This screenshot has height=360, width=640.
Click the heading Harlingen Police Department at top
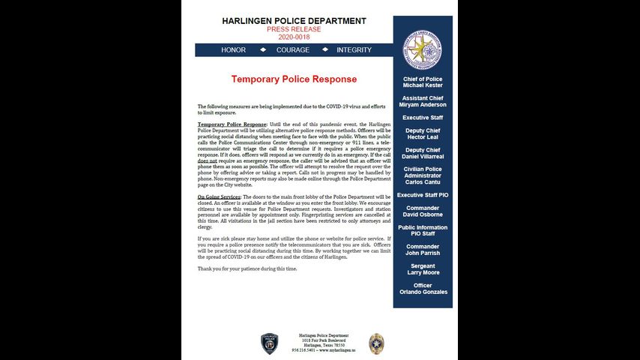click(294, 20)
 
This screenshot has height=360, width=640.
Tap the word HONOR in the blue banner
click(233, 50)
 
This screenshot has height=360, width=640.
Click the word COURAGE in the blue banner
click(292, 50)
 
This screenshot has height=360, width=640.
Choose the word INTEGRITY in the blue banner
click(354, 50)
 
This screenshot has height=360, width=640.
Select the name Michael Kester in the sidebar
click(423, 85)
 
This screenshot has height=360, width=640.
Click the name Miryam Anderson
click(423, 105)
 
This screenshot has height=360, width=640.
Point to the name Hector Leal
click(423, 137)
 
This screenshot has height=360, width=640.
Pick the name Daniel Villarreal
click(423, 157)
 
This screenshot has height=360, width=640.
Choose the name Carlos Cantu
click(423, 182)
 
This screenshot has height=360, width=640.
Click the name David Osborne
click(423, 214)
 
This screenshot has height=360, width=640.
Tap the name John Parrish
click(423, 253)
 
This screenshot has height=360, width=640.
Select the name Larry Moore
click(423, 272)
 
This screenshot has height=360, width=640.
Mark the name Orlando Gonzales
click(423, 292)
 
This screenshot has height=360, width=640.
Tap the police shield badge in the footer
click(270, 343)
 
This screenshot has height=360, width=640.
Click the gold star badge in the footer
click(377, 343)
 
